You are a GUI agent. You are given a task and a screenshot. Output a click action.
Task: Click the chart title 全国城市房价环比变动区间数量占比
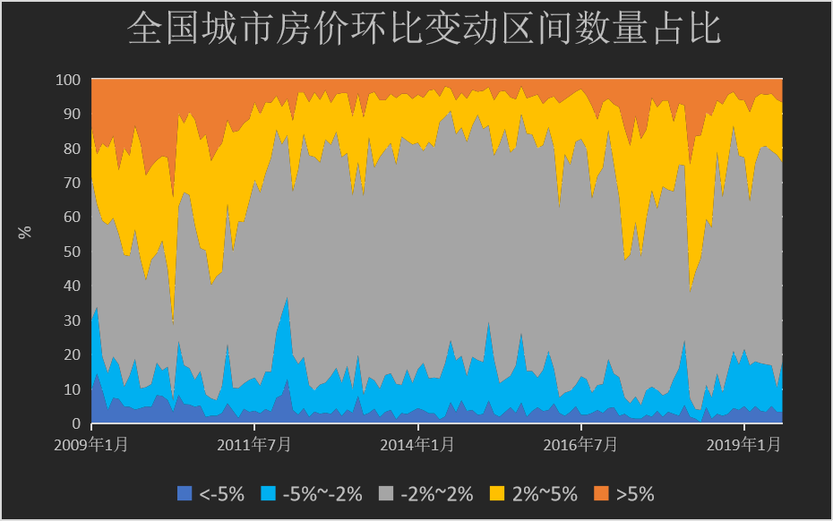coord(424,30)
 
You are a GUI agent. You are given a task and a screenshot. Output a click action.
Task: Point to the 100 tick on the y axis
coord(69,80)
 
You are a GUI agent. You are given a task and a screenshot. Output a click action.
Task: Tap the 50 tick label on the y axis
coord(73,252)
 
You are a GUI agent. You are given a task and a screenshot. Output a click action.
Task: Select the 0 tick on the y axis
coord(76,423)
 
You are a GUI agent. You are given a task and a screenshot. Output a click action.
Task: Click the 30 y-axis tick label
coord(73,320)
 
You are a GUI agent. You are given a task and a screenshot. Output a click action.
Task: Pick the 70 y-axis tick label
coord(73,183)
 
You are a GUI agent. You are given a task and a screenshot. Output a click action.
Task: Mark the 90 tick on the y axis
coord(73,114)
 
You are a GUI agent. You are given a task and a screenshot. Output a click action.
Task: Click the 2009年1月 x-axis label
coord(92,444)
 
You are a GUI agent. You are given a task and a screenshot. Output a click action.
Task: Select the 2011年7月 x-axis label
coord(255,444)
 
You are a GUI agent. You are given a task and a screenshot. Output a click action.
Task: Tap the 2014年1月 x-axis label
coord(418,444)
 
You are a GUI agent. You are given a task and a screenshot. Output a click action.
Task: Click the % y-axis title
coord(25,231)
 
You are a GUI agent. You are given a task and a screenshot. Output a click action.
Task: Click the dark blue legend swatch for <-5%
coord(185,493)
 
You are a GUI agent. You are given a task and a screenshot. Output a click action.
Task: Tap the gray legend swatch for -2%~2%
coord(385,493)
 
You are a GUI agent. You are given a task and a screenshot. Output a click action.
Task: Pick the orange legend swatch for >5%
coord(600,493)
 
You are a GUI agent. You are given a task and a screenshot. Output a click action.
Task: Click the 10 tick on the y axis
coord(73,389)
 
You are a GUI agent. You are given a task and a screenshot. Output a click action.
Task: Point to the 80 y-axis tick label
coord(73,149)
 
